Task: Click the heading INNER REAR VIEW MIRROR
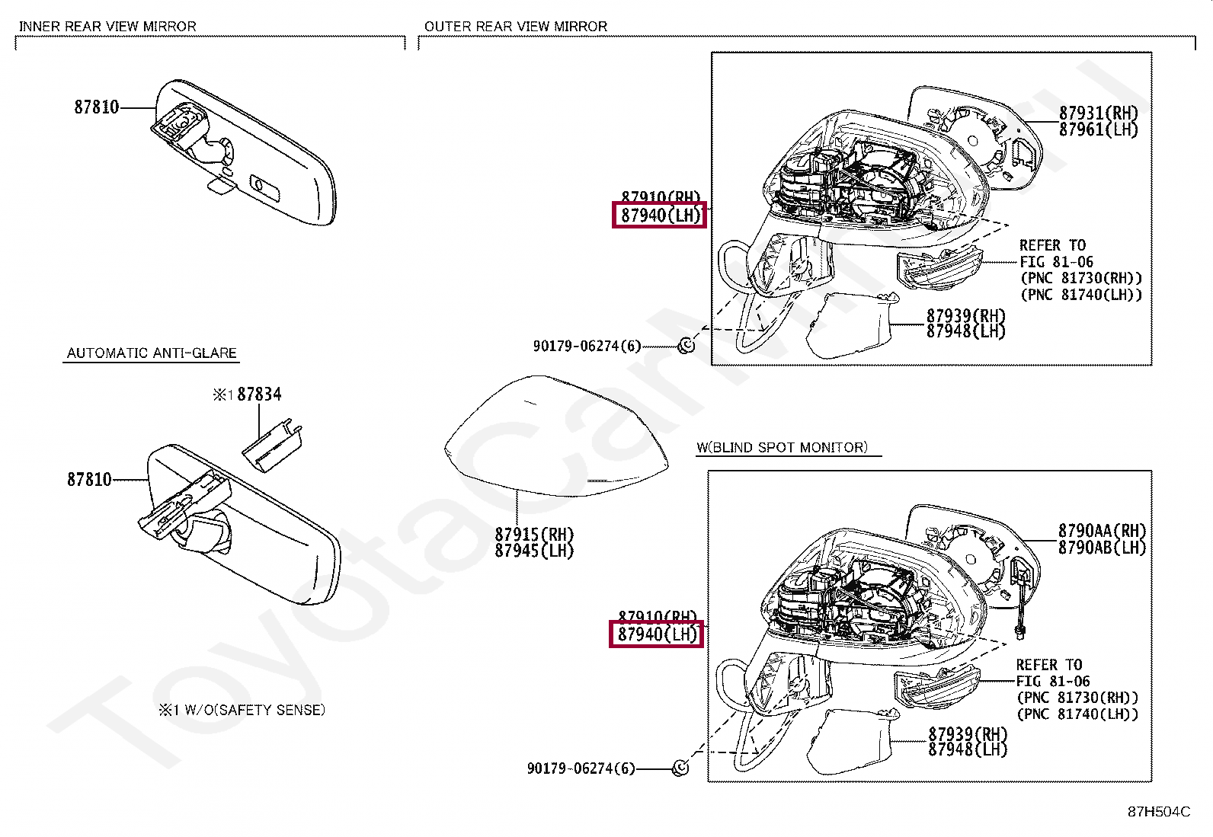tap(107, 27)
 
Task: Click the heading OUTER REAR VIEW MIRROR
tap(516, 27)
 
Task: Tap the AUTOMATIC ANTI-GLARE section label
tap(152, 353)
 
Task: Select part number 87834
tap(259, 395)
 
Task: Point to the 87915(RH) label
tap(534, 535)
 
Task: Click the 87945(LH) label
tap(534, 551)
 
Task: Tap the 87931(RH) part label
tap(1098, 113)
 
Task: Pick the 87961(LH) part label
tap(1098, 130)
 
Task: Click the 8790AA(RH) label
tap(1102, 531)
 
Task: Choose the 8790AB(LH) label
tap(1102, 548)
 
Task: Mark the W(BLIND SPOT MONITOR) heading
tap(782, 448)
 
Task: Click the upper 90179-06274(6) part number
tap(587, 347)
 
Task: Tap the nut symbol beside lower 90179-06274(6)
tap(680, 768)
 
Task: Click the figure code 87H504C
tap(1158, 812)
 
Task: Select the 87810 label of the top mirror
tap(97, 107)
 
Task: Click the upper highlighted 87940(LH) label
tap(660, 216)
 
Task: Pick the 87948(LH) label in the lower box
tap(968, 750)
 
